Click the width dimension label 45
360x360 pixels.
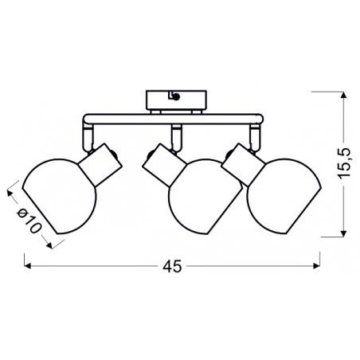[x=172, y=266]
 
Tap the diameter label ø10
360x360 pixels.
[x=29, y=221]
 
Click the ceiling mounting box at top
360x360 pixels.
[x=176, y=100]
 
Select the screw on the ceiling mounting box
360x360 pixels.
[x=176, y=97]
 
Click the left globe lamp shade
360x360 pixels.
[x=60, y=197]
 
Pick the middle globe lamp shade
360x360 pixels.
[x=205, y=197]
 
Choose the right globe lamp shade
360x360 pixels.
[x=284, y=197]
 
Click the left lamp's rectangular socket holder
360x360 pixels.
[x=100, y=165]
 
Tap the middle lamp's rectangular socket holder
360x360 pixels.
[x=164, y=165]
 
